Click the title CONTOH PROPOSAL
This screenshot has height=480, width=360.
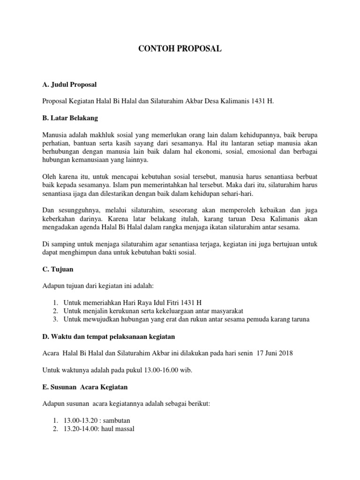click(180, 49)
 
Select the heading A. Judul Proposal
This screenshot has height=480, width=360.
click(69, 84)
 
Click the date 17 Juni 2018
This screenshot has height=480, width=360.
click(275, 353)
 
